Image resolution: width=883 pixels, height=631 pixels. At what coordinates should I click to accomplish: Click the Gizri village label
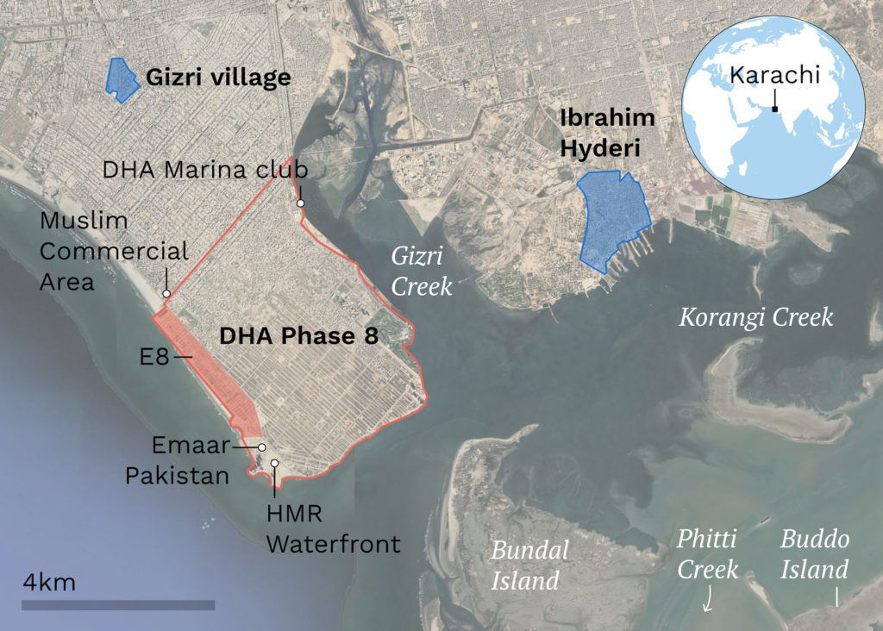217,78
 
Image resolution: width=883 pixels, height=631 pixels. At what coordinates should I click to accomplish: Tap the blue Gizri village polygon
121,79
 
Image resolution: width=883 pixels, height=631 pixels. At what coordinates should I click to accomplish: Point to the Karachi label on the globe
773,75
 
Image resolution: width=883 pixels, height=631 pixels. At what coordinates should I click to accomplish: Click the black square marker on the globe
775,109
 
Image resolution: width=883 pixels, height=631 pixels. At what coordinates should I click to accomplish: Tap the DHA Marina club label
205,169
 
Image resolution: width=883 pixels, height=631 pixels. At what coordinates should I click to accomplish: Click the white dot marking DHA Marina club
301,203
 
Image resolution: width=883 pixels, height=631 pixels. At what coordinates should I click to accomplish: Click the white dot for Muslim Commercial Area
166,295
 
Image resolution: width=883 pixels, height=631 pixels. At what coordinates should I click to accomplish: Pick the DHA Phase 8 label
298,336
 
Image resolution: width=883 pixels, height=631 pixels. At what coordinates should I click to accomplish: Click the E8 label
156,355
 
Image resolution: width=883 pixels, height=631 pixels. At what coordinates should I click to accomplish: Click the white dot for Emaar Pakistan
261,447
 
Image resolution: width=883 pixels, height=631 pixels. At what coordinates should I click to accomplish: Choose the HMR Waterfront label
332,528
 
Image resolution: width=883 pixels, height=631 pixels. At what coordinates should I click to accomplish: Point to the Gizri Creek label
422,271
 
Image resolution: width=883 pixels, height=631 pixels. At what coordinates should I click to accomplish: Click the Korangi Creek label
755,316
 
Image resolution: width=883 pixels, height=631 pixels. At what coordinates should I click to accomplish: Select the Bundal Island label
529,565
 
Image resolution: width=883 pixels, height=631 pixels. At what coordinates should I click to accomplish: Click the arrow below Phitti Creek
707,598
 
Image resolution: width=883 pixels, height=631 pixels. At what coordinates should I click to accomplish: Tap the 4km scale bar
117,605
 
